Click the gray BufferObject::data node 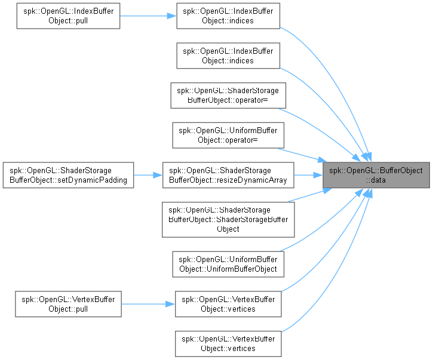(x=376, y=175)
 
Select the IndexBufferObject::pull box (x=68, y=16)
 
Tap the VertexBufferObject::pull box (x=68, y=304)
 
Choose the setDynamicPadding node (x=68, y=175)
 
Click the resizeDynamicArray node (x=228, y=175)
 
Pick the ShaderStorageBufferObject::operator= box (x=228, y=96)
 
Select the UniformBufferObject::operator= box (x=228, y=136)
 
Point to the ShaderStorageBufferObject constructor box (x=228, y=220)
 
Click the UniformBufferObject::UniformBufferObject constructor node (x=228, y=264)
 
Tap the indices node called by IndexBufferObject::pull (x=228, y=16)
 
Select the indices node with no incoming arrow (x=228, y=56)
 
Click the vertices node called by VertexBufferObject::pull (x=228, y=304)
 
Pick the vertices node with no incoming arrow (x=228, y=344)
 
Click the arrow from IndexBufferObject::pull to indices (x=148, y=16)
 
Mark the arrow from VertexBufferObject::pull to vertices (x=148, y=304)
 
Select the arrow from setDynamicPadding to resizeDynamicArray (x=148, y=175)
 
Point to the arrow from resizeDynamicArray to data (x=308, y=175)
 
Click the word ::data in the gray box (x=376, y=180)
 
